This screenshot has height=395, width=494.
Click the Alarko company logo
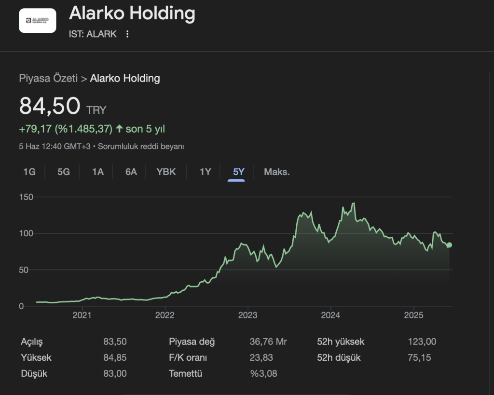click(38, 21)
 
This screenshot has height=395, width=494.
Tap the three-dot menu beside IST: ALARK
click(127, 34)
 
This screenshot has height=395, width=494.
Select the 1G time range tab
click(29, 172)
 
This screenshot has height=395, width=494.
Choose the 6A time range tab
click(131, 172)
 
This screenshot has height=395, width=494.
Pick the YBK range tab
click(166, 172)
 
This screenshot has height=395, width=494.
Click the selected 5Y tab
click(238, 172)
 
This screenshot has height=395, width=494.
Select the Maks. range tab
click(276, 172)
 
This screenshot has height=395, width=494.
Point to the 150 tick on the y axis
click(26, 197)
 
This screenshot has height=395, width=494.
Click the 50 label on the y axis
click(24, 270)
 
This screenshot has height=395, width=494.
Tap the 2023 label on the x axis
click(247, 315)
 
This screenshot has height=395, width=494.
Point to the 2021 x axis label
click(82, 315)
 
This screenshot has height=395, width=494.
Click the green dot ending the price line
click(449, 245)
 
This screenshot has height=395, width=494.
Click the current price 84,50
click(50, 106)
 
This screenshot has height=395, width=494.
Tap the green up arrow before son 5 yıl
click(119, 129)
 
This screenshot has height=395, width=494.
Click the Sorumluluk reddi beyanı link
click(141, 146)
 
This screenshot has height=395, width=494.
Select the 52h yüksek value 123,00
click(422, 342)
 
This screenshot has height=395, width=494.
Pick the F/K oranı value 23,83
click(261, 358)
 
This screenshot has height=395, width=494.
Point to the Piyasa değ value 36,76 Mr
click(268, 342)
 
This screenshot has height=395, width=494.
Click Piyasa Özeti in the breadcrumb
click(48, 78)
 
